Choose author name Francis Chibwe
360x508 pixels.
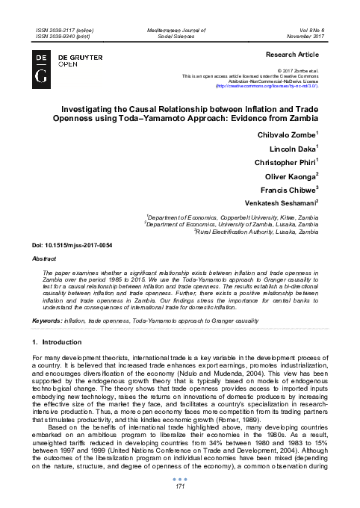[x=294, y=193]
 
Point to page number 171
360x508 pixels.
[x=180, y=486]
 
